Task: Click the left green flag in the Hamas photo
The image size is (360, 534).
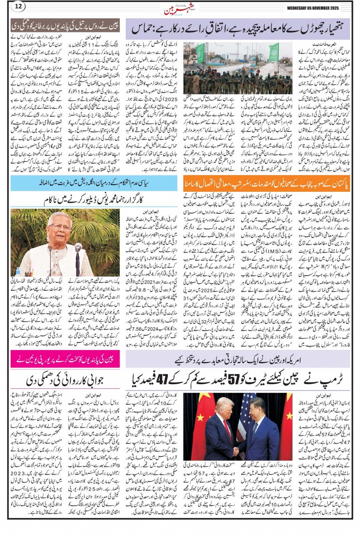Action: coord(200,53)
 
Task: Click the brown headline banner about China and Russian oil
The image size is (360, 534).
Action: coord(65,26)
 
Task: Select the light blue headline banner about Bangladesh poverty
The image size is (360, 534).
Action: coord(94,183)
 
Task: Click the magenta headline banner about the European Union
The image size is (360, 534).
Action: coord(65,359)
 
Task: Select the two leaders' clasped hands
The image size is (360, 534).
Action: coord(237,451)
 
